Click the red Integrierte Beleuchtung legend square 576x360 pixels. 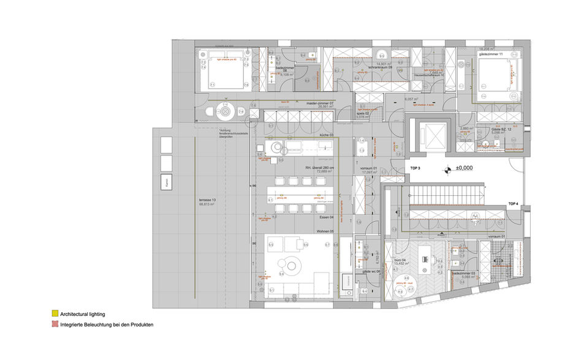pos(55,324)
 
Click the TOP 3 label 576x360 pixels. pos(415,167)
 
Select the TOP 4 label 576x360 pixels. pos(513,203)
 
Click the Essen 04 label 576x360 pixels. pos(325,217)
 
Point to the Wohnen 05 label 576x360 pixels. pos(325,231)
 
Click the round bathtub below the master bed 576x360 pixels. pos(225,112)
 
